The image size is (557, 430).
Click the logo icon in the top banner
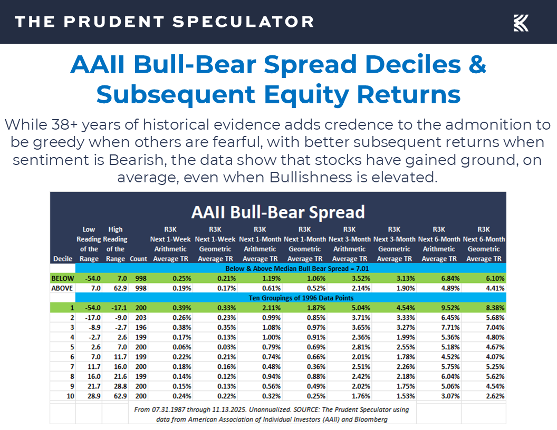click(521, 23)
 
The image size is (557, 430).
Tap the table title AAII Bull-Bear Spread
click(278, 212)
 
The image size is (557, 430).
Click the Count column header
click(138, 259)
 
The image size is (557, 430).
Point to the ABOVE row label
click(62, 288)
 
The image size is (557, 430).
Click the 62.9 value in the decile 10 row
click(116, 396)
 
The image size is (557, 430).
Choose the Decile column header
click(63, 259)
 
